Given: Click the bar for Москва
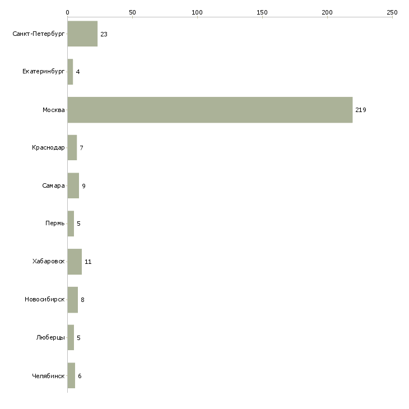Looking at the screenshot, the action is pos(210,110).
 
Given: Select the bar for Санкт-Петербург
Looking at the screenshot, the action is pos(82,34).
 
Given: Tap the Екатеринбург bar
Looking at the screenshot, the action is pos(70,72).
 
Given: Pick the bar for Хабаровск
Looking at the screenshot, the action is pos(75,262).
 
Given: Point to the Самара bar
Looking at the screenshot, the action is pos(73,185).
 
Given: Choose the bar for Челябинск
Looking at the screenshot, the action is pos(71,375).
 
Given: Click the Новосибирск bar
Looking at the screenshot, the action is pos(73,300).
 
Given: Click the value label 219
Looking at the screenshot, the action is pos(361,110).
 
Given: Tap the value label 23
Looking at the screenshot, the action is pos(104,34).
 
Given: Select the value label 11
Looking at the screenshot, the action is pos(88,262).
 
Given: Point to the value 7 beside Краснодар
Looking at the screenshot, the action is pos(81,148).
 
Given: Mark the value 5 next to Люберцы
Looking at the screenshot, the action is pos(78,338).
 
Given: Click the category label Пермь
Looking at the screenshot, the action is pos(55,224).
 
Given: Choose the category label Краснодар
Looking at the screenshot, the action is pos(48,148).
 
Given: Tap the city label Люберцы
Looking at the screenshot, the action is pos(50,337).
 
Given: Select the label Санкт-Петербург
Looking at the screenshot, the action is pos(38,34).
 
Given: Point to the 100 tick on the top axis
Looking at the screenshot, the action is pos(197,12).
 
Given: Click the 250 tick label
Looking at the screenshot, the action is pos(392,12).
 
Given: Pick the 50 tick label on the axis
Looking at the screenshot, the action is pos(132,12).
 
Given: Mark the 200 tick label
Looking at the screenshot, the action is pos(327,12).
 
